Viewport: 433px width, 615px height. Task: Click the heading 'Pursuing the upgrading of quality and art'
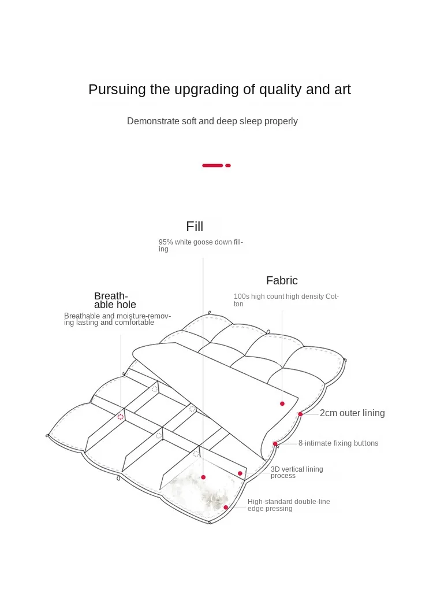[219, 90]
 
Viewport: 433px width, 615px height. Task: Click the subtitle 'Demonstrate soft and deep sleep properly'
[212, 121]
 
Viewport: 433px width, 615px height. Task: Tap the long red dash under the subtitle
[212, 165]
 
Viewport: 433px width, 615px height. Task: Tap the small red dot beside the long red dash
[228, 165]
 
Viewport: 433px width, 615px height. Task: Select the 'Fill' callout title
[195, 227]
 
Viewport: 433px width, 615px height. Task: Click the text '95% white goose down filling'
[201, 246]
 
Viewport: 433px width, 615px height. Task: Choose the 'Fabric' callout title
[282, 281]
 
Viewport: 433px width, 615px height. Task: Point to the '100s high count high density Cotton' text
[286, 300]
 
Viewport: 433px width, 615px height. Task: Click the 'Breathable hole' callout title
[115, 301]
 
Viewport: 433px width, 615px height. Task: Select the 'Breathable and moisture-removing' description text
[117, 319]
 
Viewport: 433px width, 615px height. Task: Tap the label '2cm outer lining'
[352, 413]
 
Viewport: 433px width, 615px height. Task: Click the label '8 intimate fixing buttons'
[338, 443]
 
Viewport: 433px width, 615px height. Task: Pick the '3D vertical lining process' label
[297, 472]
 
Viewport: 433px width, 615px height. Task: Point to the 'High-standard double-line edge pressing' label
[289, 505]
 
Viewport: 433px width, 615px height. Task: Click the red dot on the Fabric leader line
[282, 403]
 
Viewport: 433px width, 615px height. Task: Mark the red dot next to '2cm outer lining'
[300, 414]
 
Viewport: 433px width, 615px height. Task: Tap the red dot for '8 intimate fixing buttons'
[275, 444]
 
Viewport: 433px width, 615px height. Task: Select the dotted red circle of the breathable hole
[121, 416]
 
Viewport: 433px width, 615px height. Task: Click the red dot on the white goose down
[203, 477]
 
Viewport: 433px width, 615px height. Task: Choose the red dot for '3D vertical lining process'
[240, 473]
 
